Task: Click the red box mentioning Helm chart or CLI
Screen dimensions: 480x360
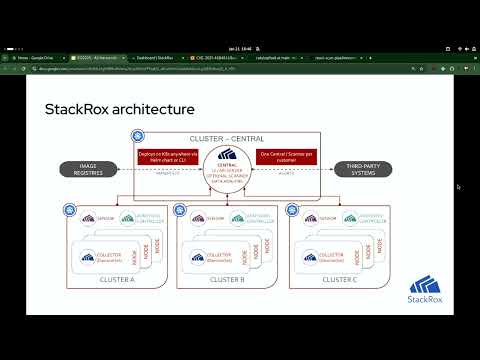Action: [167, 156]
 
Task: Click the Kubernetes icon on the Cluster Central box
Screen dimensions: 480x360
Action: [136, 135]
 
